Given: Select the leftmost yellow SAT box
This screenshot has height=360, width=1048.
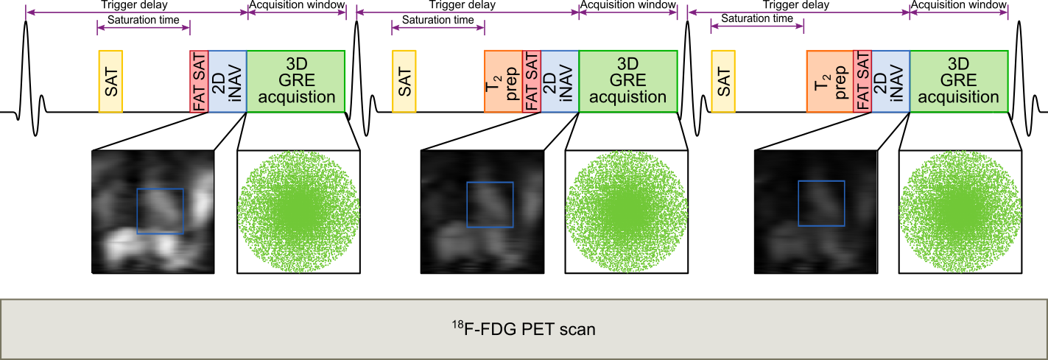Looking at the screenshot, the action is (x=110, y=82).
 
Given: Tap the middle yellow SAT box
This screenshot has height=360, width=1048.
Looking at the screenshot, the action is (x=404, y=82).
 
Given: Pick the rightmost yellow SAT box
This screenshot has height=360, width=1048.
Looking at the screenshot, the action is (x=723, y=82).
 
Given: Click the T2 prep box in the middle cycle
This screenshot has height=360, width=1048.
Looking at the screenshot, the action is (x=503, y=82).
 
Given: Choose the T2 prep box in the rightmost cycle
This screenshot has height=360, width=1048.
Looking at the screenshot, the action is (x=829, y=82).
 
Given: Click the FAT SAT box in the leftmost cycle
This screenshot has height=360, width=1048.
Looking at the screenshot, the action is (x=199, y=82).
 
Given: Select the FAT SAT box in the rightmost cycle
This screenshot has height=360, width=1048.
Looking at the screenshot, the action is (x=862, y=82).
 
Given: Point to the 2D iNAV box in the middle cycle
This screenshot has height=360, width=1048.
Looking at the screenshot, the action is (x=560, y=82).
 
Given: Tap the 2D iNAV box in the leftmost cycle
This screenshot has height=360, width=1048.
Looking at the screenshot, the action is (x=228, y=82).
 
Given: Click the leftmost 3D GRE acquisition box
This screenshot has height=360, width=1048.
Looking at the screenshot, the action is (x=295, y=82).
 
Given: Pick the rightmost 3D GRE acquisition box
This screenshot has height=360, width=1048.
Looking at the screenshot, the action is (x=959, y=82).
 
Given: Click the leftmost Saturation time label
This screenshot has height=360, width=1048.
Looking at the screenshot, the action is (x=143, y=20).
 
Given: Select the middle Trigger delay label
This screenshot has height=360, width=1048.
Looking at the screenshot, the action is (x=462, y=5).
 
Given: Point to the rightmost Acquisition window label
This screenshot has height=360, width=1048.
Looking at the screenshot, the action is (x=959, y=5).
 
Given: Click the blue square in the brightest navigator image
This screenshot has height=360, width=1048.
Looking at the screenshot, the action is (x=160, y=211).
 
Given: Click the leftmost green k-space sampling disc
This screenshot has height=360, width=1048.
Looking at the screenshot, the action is (x=298, y=213).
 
